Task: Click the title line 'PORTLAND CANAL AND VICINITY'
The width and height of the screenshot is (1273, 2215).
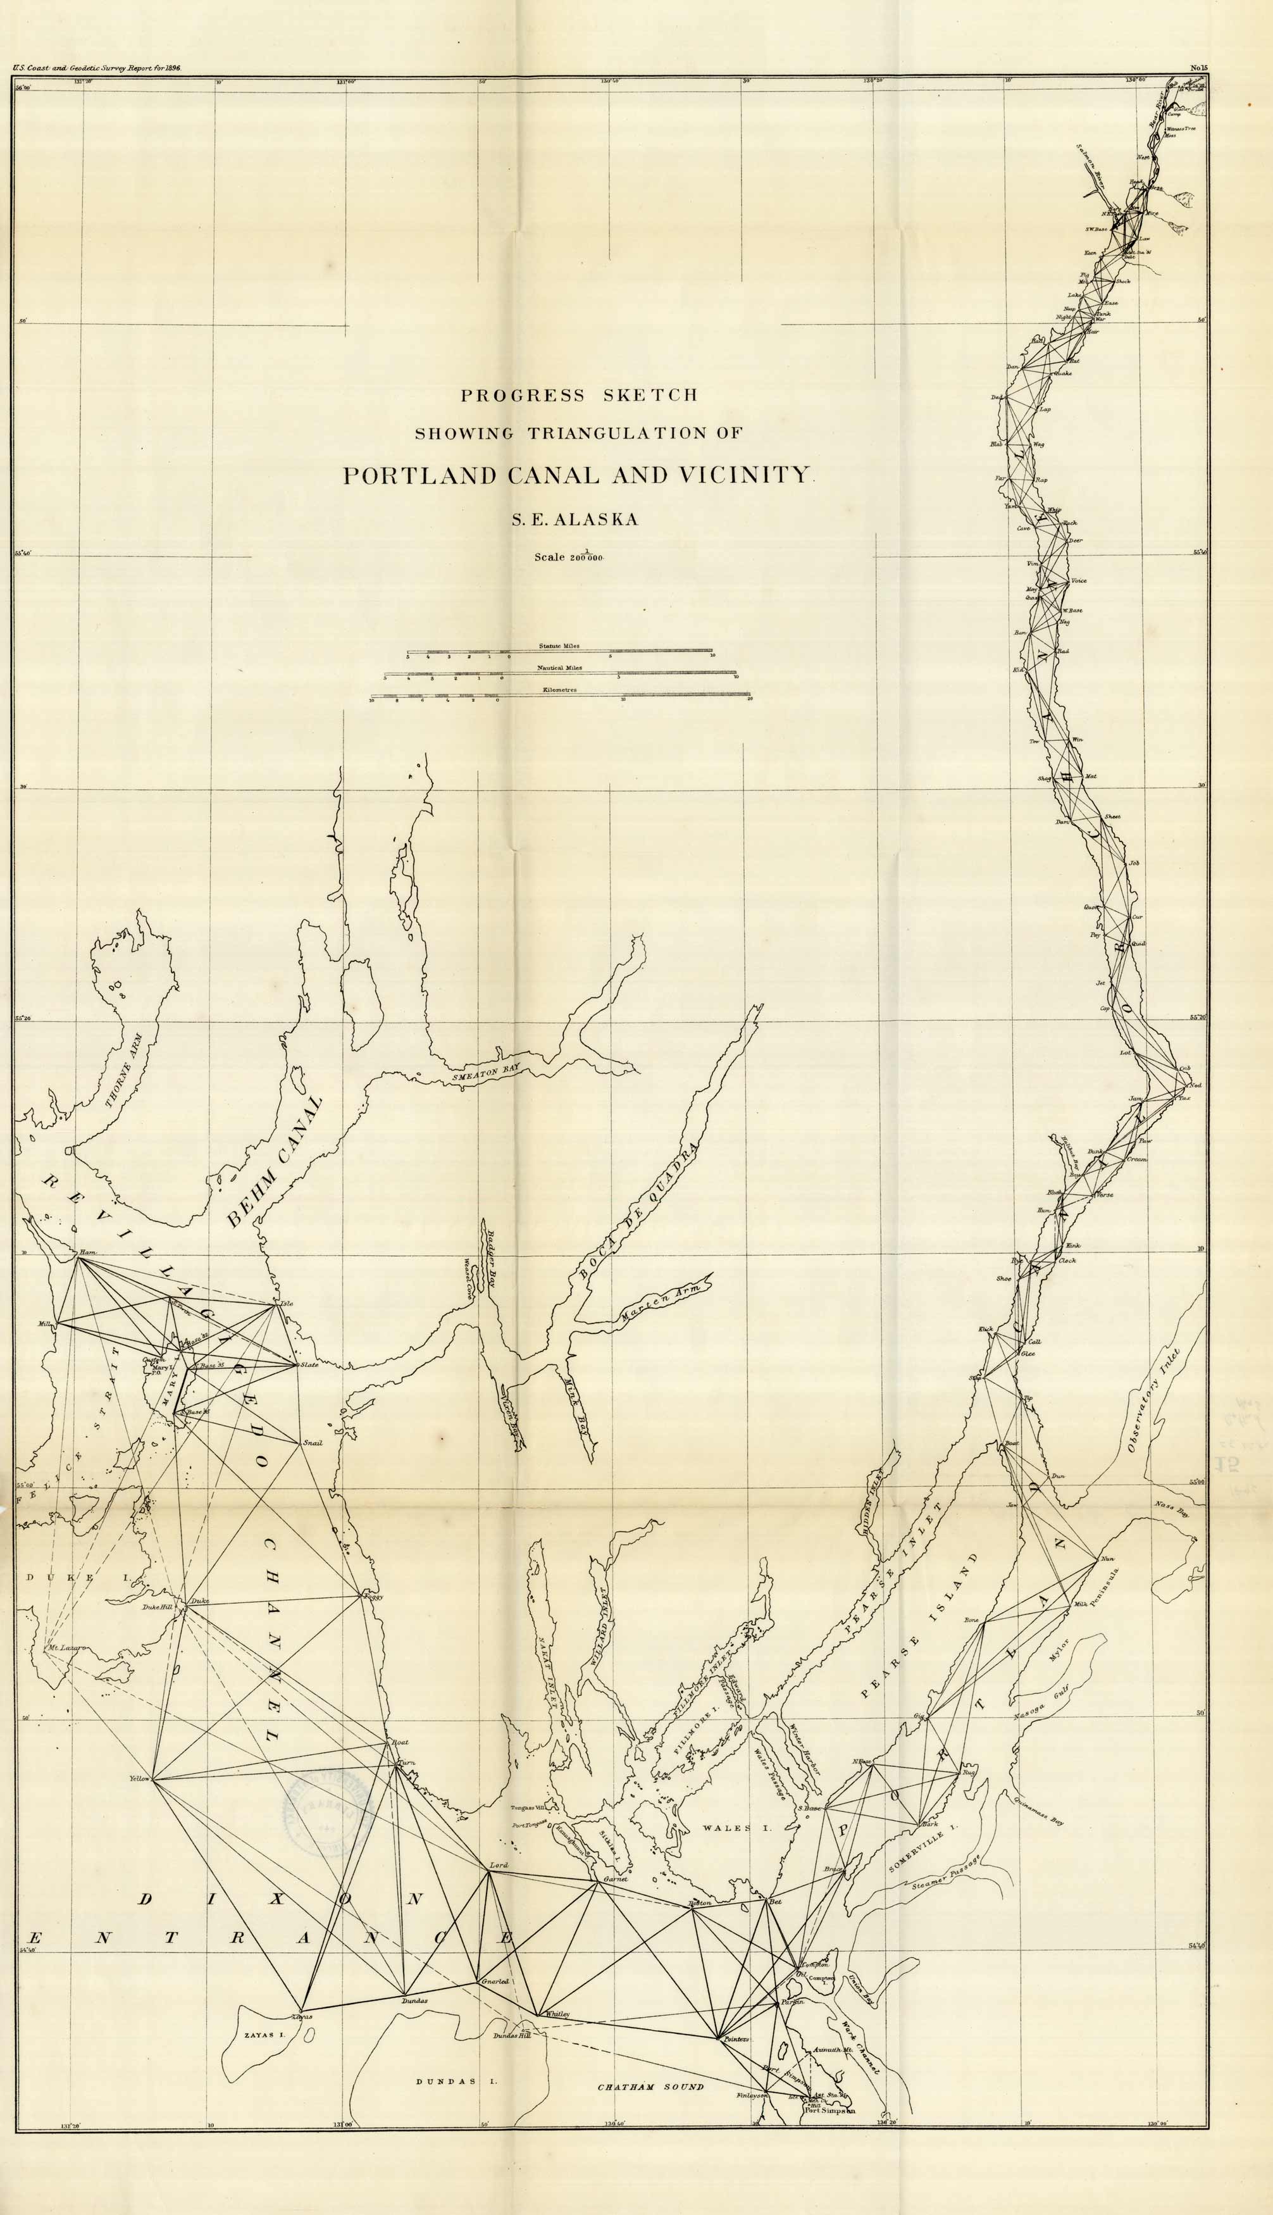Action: pyautogui.click(x=578, y=476)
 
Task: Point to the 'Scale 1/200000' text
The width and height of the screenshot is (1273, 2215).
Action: pyautogui.click(x=569, y=557)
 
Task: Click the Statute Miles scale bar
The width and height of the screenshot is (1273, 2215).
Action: pyautogui.click(x=559, y=651)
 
